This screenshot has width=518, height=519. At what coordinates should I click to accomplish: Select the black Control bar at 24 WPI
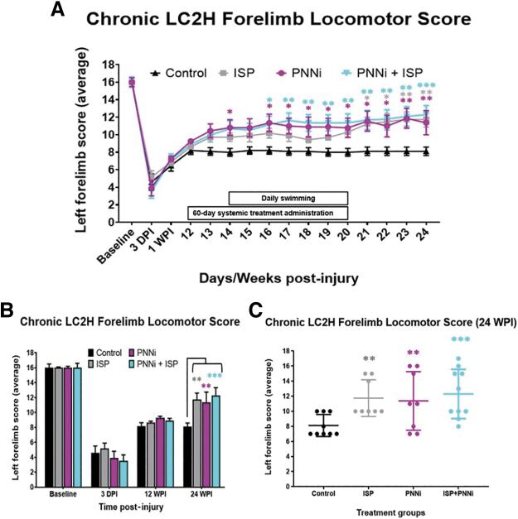pos(187,454)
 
